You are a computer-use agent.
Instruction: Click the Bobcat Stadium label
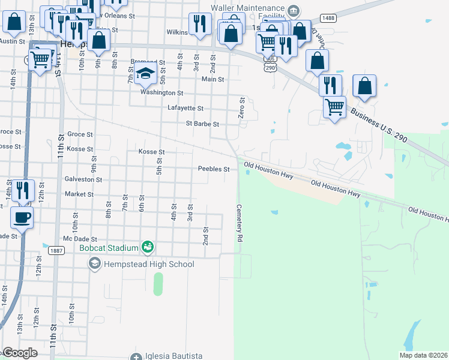(x=109, y=247)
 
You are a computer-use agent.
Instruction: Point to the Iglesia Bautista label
(x=173, y=356)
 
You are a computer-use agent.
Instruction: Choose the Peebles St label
(x=214, y=169)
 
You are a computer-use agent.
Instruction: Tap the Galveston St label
(x=83, y=179)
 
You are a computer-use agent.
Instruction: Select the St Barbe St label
(x=202, y=124)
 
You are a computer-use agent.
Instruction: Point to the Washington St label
(x=161, y=93)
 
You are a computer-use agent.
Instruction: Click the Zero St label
(x=242, y=108)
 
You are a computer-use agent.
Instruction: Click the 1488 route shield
(x=328, y=19)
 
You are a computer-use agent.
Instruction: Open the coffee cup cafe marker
(x=23, y=218)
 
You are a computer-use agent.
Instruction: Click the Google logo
(x=20, y=353)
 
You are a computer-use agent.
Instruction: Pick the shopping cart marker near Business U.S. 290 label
(x=334, y=107)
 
